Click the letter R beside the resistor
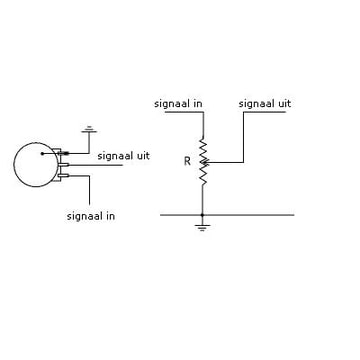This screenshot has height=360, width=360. pyautogui.click(x=187, y=162)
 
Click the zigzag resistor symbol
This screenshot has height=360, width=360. pyautogui.click(x=203, y=161)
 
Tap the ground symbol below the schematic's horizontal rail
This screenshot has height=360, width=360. pyautogui.click(x=202, y=228)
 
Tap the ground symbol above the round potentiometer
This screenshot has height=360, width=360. pyautogui.click(x=89, y=129)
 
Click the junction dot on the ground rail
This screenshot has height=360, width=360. pyautogui.click(x=202, y=215)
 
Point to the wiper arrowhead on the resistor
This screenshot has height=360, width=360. pyautogui.click(x=205, y=163)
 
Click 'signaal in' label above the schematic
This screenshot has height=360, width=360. pyautogui.click(x=178, y=104)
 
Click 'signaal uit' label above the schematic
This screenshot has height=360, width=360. pyautogui.click(x=265, y=104)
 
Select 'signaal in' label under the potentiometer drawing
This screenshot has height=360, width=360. pyautogui.click(x=91, y=216)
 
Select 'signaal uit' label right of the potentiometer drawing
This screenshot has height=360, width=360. pyautogui.click(x=123, y=156)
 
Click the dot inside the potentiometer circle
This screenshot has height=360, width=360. pyautogui.click(x=42, y=154)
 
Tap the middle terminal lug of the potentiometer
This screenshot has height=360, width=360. pyautogui.click(x=63, y=165)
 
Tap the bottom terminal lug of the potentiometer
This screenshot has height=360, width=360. pyautogui.click(x=63, y=175)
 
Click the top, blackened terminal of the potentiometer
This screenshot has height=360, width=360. pyautogui.click(x=64, y=153)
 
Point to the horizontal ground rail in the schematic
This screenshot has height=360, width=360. pyautogui.click(x=227, y=215)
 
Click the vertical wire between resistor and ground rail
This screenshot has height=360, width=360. pyautogui.click(x=202, y=199)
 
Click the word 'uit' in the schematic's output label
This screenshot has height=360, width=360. pyautogui.click(x=283, y=104)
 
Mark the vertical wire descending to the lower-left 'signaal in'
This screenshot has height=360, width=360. pyautogui.click(x=89, y=190)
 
